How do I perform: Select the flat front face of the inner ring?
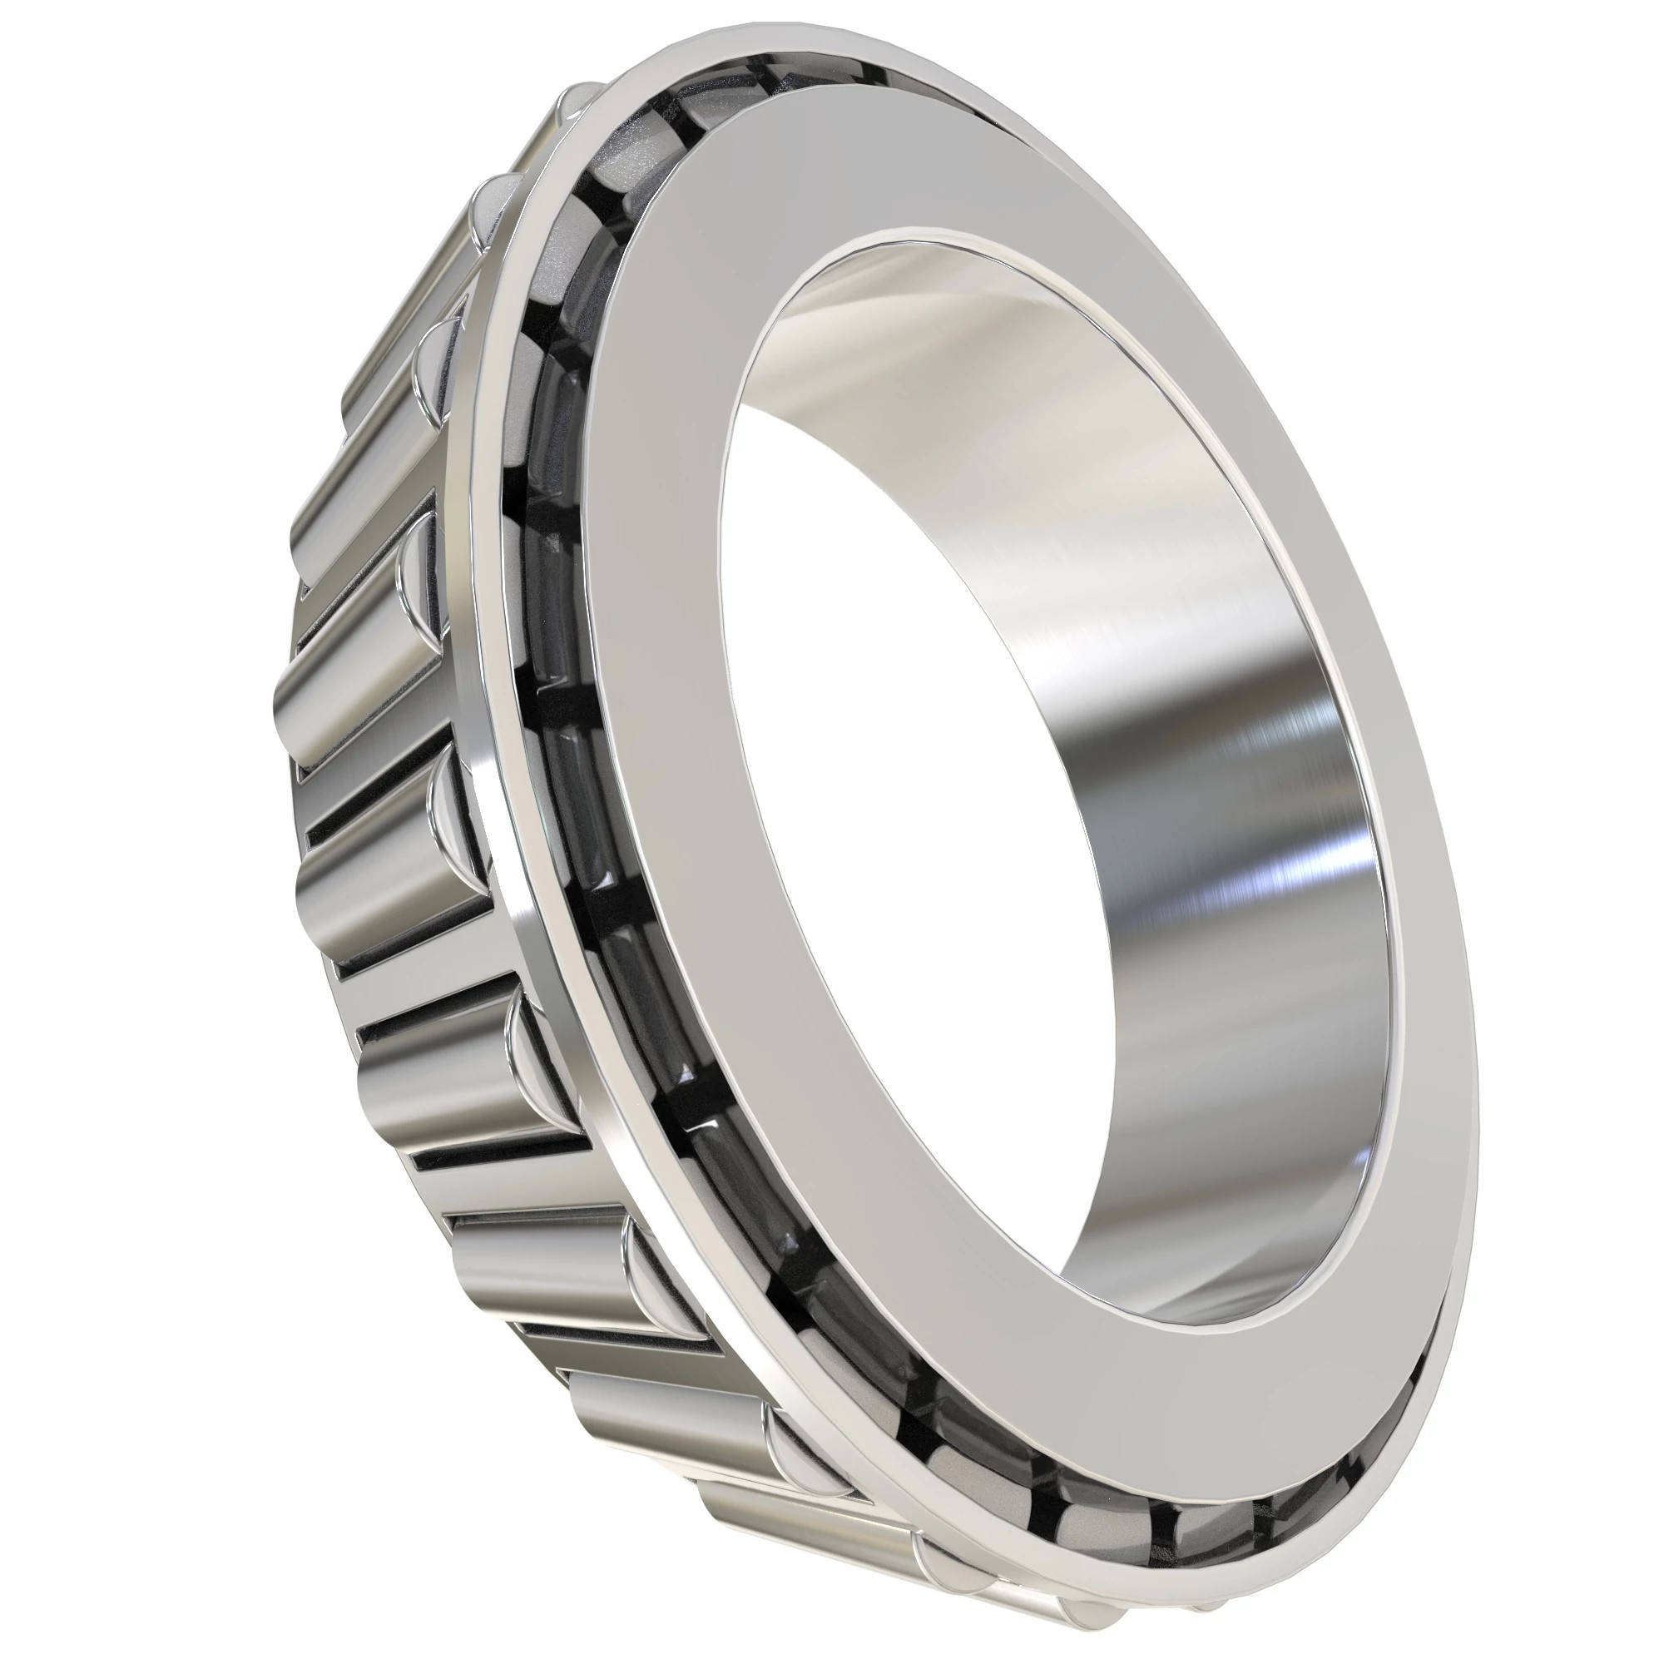tap(689, 775)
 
